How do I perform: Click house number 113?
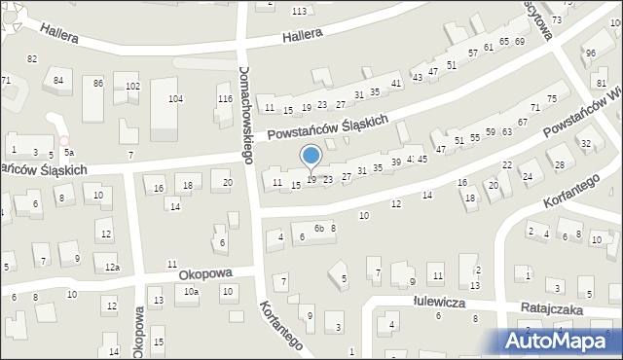point(299,11)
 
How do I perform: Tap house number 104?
point(175,99)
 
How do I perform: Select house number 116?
point(225,100)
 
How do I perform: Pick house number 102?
point(132,87)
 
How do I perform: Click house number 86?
point(98,84)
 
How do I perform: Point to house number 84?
point(58,80)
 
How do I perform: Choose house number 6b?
point(318,228)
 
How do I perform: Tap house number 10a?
point(192,292)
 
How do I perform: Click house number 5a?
point(68,153)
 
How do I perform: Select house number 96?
point(590,53)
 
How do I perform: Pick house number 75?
point(551,99)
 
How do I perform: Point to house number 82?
point(32,59)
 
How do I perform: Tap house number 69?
point(520,42)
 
